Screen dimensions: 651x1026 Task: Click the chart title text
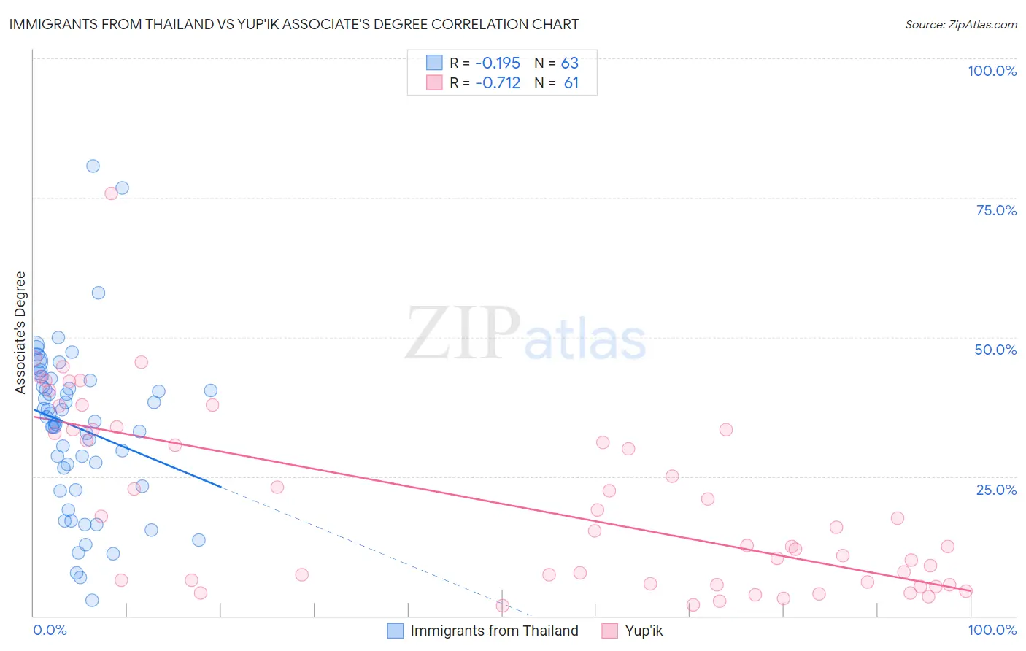(x=294, y=24)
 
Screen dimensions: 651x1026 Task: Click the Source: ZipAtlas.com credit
(x=960, y=24)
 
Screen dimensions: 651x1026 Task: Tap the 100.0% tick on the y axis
(x=992, y=71)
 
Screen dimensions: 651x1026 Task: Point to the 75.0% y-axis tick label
(x=996, y=210)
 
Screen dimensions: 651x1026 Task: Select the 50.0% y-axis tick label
(x=995, y=350)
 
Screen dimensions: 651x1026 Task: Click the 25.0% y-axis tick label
(x=996, y=490)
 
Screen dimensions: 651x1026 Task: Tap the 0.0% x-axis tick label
(x=50, y=630)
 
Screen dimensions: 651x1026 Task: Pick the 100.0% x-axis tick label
(x=992, y=630)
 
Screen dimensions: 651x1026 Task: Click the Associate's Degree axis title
(x=20, y=333)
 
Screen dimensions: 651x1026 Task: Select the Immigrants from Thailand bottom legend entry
(x=494, y=631)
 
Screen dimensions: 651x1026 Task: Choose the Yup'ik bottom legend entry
(x=644, y=631)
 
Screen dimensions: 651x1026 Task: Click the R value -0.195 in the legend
(x=498, y=63)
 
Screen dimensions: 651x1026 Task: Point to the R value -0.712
(x=498, y=83)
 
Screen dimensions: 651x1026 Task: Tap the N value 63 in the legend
(x=570, y=63)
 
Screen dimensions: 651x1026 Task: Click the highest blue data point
(x=93, y=166)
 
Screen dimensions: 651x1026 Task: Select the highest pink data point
(x=111, y=193)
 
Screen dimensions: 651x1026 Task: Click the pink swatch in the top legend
(x=434, y=82)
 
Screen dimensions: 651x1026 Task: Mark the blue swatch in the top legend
(x=434, y=63)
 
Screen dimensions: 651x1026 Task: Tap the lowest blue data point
(x=92, y=600)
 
